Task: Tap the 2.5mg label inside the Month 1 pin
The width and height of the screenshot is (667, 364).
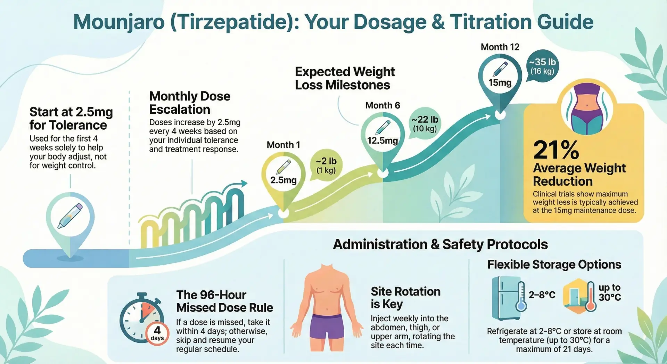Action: (x=283, y=180)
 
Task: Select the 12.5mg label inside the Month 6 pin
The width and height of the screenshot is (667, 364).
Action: (x=382, y=140)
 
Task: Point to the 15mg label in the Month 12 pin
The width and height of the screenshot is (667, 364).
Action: (x=500, y=83)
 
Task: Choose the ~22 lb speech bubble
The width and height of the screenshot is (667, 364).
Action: (x=425, y=124)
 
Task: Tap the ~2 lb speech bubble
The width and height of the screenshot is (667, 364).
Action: (x=326, y=165)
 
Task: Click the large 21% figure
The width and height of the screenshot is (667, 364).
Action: (x=556, y=150)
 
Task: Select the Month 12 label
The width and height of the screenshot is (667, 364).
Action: (x=500, y=47)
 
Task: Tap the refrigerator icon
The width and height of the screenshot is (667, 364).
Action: (x=507, y=298)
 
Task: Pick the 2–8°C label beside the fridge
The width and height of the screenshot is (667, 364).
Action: (x=542, y=295)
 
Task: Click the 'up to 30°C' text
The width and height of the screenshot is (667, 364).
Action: (x=609, y=292)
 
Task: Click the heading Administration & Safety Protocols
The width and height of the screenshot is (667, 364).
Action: (x=440, y=244)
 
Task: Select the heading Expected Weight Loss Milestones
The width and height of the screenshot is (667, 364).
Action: (x=345, y=78)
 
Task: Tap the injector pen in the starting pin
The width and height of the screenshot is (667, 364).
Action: (x=70, y=216)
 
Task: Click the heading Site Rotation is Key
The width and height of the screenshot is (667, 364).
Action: (x=405, y=298)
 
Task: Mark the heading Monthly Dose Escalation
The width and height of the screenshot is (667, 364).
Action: (x=190, y=103)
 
